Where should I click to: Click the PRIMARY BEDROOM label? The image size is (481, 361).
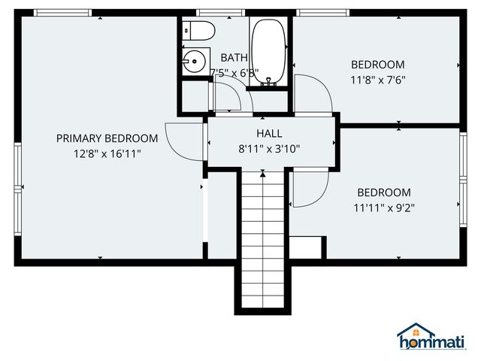(x=107, y=138)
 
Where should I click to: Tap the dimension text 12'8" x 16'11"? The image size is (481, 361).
(x=107, y=153)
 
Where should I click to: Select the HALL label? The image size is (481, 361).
(x=269, y=134)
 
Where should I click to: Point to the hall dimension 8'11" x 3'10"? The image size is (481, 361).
(x=269, y=149)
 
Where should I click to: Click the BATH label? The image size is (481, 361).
(x=234, y=58)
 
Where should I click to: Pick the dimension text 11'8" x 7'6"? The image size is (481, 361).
(x=377, y=80)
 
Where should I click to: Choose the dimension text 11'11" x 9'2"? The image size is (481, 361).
(x=383, y=208)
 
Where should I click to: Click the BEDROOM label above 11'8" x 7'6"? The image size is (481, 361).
(x=377, y=65)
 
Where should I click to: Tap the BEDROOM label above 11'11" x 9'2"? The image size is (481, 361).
(x=383, y=193)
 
